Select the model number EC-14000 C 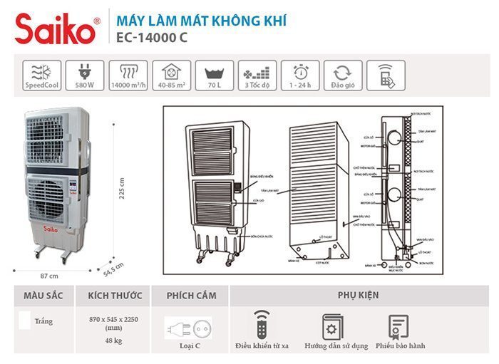pos(151,38)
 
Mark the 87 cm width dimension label pos(49,275)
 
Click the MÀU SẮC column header pos(44,295)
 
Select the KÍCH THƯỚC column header pos(115,295)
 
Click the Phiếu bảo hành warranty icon pos(396,326)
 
